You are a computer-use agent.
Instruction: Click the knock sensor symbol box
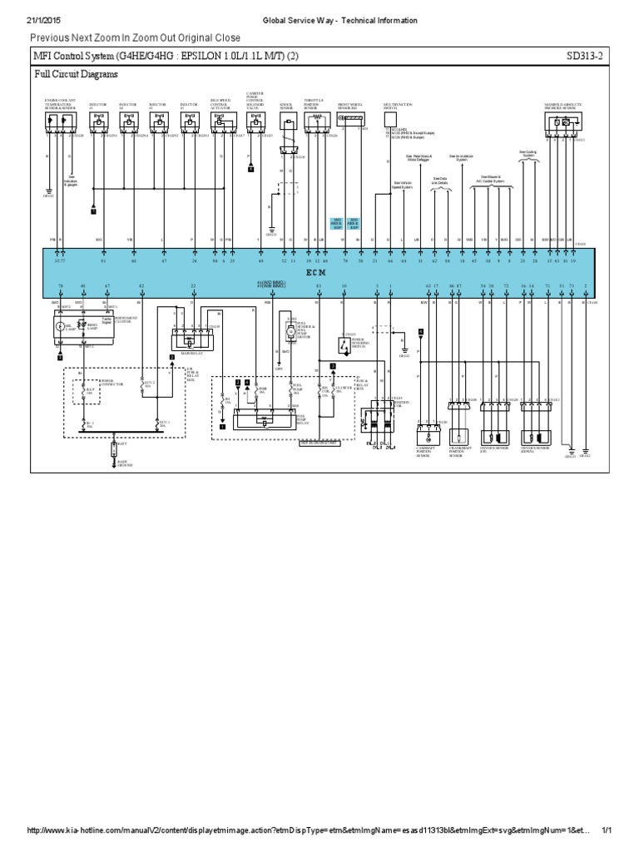[286, 126]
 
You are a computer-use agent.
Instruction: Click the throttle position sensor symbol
[315, 122]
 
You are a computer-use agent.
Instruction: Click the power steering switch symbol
[344, 344]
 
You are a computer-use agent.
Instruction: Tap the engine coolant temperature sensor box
[59, 122]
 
